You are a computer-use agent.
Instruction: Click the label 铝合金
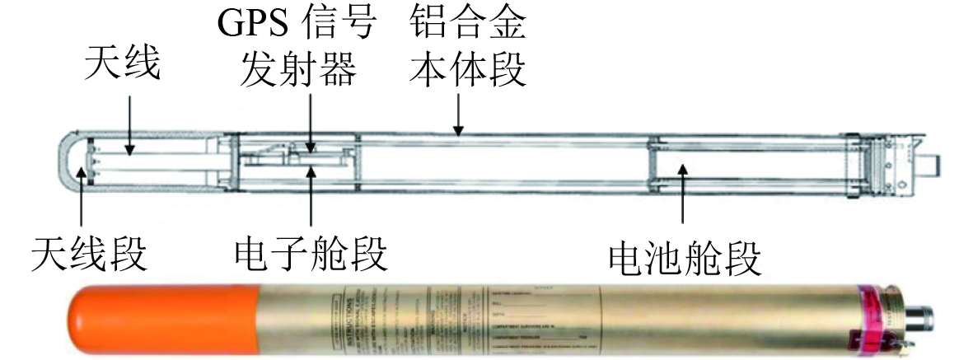click(466, 25)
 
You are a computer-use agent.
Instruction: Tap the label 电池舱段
click(683, 258)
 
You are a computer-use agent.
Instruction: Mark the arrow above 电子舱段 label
click(311, 198)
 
